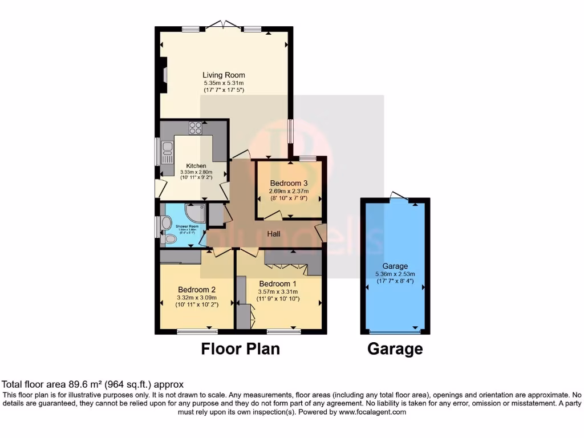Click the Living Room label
point(224,75)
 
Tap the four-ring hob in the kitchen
point(196,128)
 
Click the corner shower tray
point(197,213)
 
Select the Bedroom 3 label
point(289,183)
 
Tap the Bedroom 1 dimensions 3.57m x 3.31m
point(278,291)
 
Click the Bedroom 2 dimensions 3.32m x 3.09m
point(197,297)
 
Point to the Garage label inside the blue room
point(395,266)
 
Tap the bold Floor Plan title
point(240,348)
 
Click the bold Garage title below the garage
point(395,348)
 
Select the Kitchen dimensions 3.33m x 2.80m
point(196,172)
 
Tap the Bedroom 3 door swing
point(273,216)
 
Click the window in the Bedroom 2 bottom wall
point(197,331)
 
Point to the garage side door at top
point(399,197)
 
